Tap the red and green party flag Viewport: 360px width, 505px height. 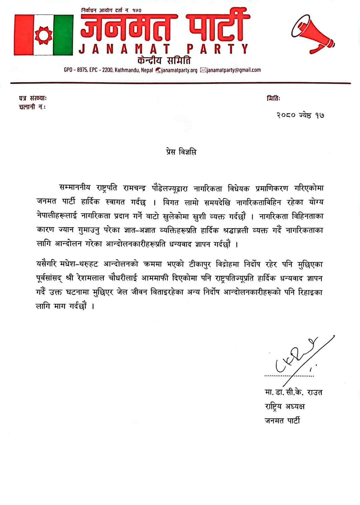tap(43, 35)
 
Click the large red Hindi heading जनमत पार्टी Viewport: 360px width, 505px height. tap(165, 28)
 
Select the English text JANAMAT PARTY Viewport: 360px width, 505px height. tap(164, 49)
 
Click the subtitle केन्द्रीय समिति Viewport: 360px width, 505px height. tap(164, 61)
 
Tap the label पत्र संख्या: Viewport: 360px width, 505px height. tap(33, 98)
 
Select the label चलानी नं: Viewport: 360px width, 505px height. tap(32, 107)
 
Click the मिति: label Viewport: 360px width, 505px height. tap(273, 98)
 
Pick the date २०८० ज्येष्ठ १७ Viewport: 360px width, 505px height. tap(300, 115)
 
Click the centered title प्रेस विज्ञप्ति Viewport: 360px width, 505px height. tap(181, 152)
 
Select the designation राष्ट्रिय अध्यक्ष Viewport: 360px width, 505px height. tap(284, 406)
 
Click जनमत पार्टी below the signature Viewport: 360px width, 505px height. tap(282, 421)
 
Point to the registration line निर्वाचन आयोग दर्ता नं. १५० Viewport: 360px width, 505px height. tap(111, 10)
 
